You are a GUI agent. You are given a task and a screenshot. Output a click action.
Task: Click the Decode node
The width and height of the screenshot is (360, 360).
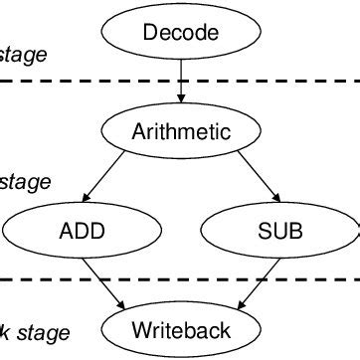[x=180, y=34]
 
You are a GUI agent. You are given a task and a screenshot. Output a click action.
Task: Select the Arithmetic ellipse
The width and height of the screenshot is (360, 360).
[x=181, y=130]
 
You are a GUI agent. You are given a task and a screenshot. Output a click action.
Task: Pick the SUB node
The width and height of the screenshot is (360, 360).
[x=278, y=233]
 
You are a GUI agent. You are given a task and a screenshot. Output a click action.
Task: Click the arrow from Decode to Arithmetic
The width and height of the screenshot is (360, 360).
[x=180, y=80]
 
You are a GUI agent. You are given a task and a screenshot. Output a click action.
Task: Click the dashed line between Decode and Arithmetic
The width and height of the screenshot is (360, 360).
[x=99, y=82]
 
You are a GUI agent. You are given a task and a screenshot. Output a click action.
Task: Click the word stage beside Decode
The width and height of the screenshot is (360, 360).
[x=23, y=55]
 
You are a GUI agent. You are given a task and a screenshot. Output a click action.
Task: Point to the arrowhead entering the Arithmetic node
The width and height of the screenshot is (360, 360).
[x=180, y=98]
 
